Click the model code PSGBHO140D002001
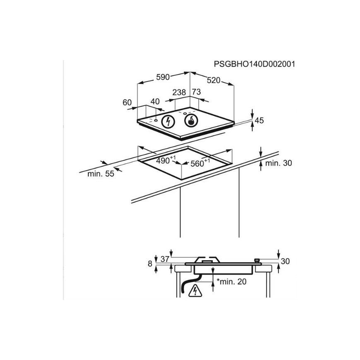coord(254,64)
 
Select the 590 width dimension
coord(163,77)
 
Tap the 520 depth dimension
coord(214,80)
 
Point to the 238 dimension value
coord(179,92)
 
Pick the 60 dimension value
coord(127,102)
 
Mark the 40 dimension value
coord(155,101)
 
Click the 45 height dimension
coord(259,120)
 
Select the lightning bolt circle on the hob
coord(168,121)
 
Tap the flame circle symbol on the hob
coord(191,121)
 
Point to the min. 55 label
coord(101,174)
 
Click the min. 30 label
coord(278,163)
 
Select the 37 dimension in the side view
coord(165,259)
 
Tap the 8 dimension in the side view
coord(150,263)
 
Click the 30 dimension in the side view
coord(285,261)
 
